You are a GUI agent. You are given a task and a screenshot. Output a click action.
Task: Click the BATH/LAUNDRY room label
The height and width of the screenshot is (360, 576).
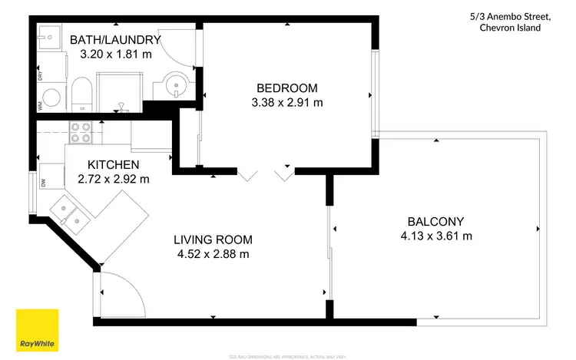click(114, 40)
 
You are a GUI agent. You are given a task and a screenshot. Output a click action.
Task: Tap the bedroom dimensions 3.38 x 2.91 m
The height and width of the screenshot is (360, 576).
click(286, 102)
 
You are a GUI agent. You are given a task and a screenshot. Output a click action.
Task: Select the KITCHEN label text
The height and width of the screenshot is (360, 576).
click(113, 165)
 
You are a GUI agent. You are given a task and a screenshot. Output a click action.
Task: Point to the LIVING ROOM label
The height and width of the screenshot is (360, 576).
click(212, 239)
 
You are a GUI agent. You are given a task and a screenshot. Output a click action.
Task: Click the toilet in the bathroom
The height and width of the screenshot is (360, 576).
click(83, 93)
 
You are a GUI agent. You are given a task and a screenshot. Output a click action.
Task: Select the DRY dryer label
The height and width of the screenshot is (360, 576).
click(40, 76)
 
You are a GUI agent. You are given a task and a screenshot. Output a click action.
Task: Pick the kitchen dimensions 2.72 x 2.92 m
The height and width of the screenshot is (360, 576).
click(113, 180)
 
